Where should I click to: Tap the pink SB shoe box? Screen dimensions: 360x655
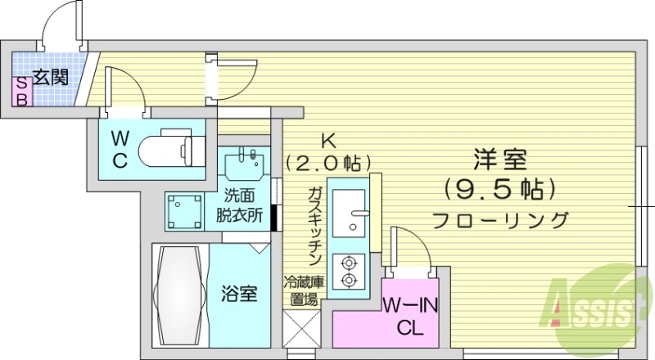tap(22, 90)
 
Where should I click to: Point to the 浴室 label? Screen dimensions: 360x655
tap(240, 293)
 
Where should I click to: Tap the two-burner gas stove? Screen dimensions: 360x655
tap(350, 272)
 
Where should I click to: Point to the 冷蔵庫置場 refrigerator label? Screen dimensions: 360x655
tap(301, 290)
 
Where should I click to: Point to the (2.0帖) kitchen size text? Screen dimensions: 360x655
tap(327, 161)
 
